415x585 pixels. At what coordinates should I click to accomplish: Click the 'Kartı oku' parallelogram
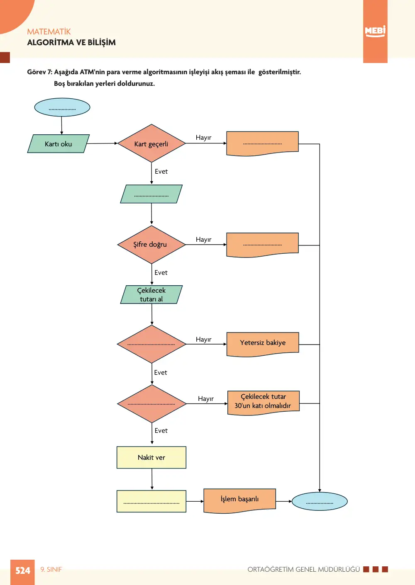58,143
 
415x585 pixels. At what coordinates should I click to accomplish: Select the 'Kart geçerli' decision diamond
151,143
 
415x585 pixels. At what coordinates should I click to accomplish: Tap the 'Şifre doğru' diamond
151,245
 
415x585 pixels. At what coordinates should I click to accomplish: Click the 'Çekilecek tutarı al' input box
151,294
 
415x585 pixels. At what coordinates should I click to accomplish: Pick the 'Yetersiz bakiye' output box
263,344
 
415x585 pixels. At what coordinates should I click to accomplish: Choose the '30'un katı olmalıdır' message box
264,403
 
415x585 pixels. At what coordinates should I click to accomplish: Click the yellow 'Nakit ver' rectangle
151,457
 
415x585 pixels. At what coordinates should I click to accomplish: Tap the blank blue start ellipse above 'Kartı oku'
62,107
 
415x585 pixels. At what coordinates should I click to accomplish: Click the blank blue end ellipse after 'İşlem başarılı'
320,501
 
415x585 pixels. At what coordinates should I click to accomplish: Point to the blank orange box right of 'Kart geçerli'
262,143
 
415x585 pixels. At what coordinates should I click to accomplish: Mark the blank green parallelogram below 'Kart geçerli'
151,194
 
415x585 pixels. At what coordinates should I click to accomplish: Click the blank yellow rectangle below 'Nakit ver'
151,501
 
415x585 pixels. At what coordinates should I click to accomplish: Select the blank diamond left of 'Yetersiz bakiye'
151,344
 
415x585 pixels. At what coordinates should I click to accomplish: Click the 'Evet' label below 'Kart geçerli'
161,171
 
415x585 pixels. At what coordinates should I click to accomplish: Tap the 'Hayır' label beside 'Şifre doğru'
203,240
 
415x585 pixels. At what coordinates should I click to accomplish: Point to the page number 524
23,570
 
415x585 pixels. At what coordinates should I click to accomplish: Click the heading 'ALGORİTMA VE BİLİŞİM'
71,42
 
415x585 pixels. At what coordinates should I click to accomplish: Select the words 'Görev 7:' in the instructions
40,72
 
